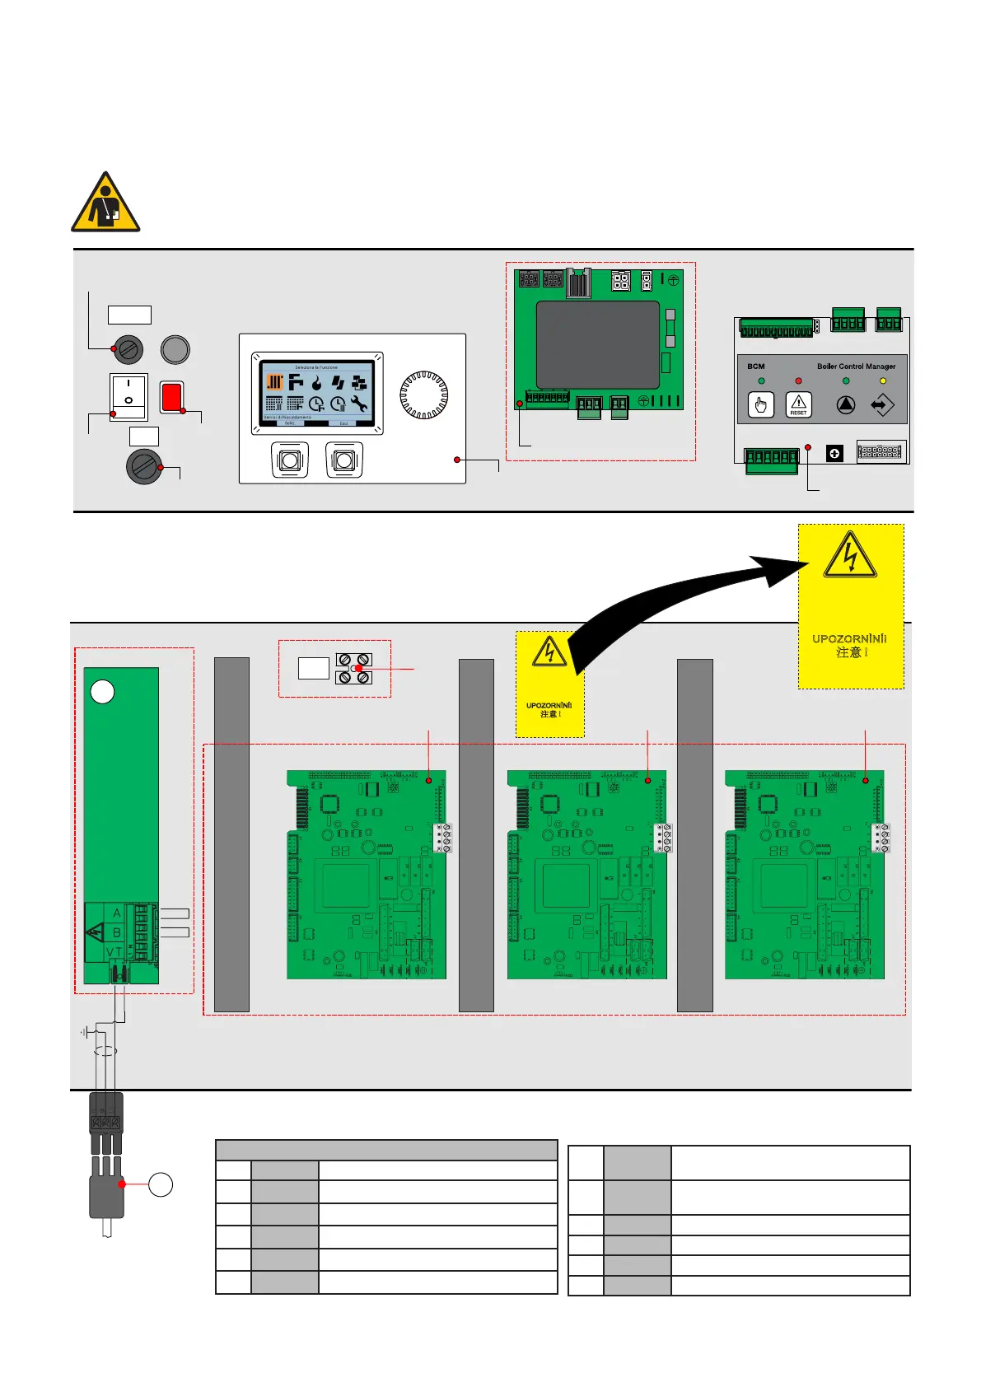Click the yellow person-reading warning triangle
point(105,203)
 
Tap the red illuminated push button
point(171,396)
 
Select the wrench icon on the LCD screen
point(358,404)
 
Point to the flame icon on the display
point(316,383)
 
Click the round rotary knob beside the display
point(423,395)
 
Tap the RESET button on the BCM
point(798,404)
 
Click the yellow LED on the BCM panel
point(883,381)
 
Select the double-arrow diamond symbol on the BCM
point(882,405)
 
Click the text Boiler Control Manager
point(856,367)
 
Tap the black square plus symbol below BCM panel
point(834,453)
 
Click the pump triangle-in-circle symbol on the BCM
point(846,405)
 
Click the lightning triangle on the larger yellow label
point(850,556)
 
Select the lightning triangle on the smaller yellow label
point(549,651)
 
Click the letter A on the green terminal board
point(117,913)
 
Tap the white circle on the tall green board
point(102,692)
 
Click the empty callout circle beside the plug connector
point(161,1184)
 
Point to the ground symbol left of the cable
point(84,1032)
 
